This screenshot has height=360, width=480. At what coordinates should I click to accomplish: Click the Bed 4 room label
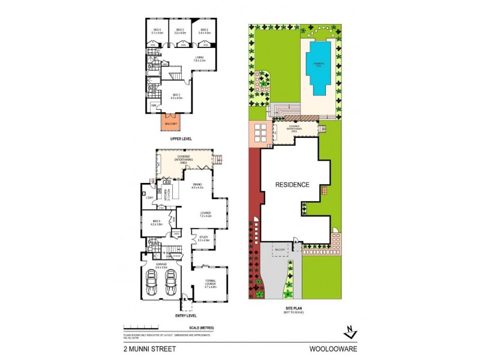pos(157,31)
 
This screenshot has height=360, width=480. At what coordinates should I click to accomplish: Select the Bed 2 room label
pos(204,31)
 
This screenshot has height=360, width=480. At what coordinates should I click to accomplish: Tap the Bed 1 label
pos(176,96)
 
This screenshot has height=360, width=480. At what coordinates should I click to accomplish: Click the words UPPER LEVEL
pos(180,139)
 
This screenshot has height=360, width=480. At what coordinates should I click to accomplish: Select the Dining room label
pos(198,186)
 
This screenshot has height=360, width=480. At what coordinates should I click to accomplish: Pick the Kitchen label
pos(168,193)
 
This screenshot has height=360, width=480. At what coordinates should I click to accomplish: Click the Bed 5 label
pos(157,223)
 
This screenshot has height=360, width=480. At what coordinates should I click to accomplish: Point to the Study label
pos(203,238)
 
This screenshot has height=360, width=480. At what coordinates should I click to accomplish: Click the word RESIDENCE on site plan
pos(293,184)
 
